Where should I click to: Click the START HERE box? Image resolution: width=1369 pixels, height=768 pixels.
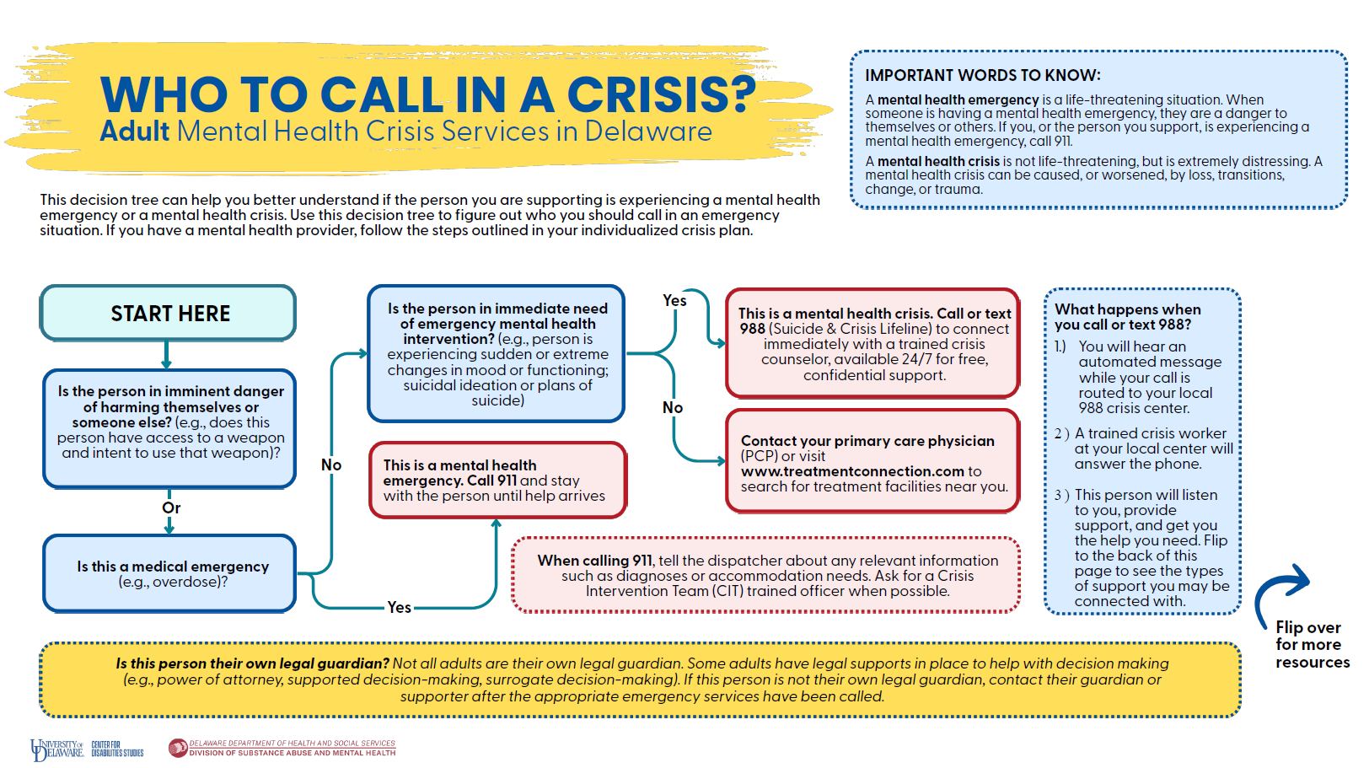(x=168, y=312)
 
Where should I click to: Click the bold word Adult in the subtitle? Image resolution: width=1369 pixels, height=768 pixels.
(x=135, y=132)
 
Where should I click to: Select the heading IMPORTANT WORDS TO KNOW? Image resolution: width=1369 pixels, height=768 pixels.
(x=982, y=75)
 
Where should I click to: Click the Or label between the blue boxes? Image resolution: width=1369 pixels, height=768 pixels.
(x=171, y=508)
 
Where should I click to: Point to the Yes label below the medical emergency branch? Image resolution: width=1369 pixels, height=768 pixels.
(x=399, y=607)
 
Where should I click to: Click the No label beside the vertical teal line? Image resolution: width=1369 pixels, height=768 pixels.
(x=331, y=465)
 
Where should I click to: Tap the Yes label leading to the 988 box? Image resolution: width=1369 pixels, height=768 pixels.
(x=674, y=301)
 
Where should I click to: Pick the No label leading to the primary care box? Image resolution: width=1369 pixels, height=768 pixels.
(x=673, y=407)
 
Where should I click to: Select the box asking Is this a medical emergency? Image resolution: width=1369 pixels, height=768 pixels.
(x=169, y=573)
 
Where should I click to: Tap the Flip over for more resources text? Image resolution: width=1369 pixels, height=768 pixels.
(x=1313, y=645)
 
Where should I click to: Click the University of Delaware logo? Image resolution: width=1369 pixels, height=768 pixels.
(x=56, y=749)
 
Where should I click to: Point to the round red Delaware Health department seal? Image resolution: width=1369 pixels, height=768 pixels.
(x=178, y=748)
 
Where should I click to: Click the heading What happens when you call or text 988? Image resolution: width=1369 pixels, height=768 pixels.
(x=1128, y=316)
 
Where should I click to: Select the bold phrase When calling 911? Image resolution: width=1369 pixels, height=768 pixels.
(x=594, y=561)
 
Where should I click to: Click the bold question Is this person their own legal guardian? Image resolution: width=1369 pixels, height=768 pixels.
(x=252, y=663)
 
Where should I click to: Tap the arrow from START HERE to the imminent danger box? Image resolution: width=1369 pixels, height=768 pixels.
(x=166, y=354)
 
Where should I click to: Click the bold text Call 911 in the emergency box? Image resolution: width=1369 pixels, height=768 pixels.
(x=492, y=481)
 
